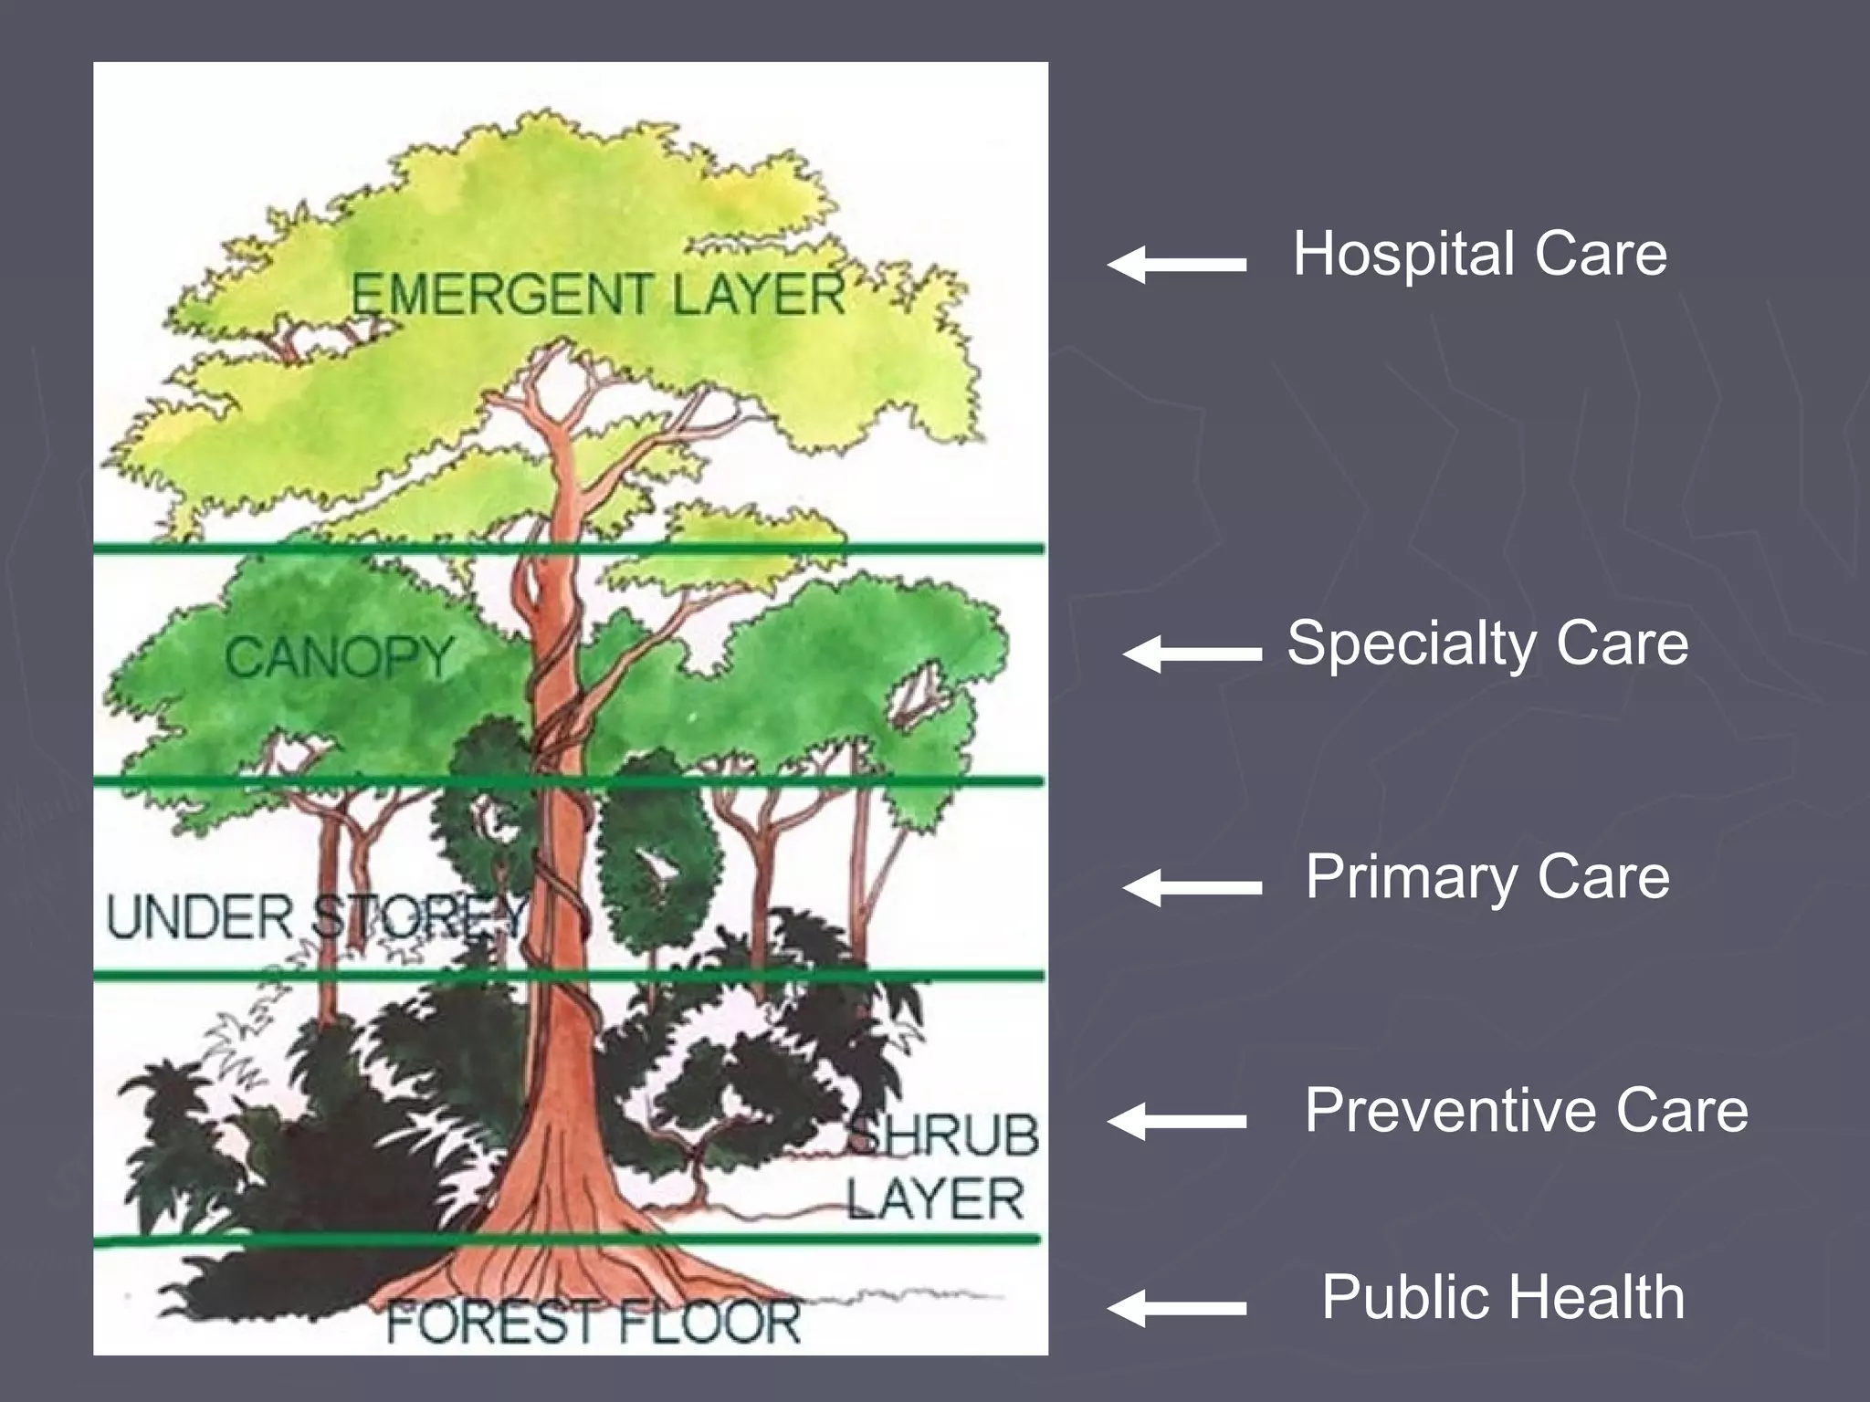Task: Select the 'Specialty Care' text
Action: [1487, 643]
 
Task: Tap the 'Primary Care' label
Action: [1487, 877]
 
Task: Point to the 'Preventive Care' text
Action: [1525, 1111]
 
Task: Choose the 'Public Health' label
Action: [1502, 1297]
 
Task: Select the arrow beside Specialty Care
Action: [1192, 654]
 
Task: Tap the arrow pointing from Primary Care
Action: [1192, 886]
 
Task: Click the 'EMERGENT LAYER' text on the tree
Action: [598, 295]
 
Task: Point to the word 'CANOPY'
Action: [339, 656]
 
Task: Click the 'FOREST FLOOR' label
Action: [593, 1322]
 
